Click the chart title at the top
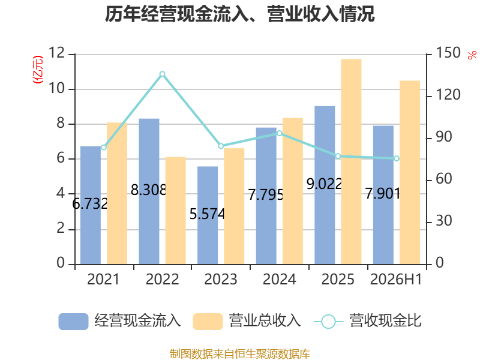pos(239,14)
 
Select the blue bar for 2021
pos(91,205)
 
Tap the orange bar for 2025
pos(351,161)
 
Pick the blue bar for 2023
pos(208,215)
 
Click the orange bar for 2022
pos(176,211)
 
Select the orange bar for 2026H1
pos(410,172)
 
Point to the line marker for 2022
pos(162,74)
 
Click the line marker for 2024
pos(280,133)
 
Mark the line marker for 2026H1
pos(397,158)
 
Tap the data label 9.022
pos(324,184)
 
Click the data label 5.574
pos(207,214)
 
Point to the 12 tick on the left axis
pos(57,53)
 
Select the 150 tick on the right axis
pos(448,53)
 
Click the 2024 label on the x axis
pos(279,279)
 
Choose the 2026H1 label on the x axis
pos(396,279)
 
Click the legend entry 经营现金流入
pos(119,321)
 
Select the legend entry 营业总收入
pos(247,321)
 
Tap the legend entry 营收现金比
pos(368,321)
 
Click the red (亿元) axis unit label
pos(38,70)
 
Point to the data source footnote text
pos(239,354)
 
